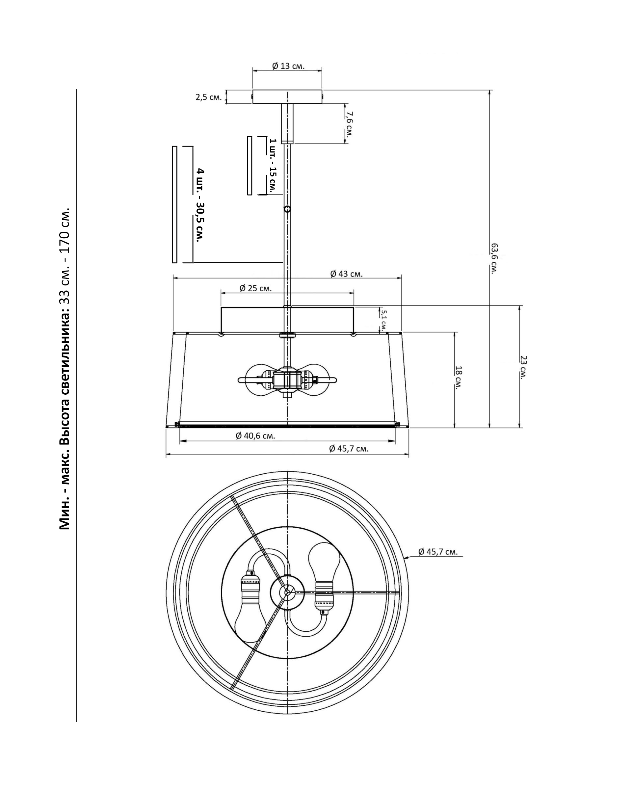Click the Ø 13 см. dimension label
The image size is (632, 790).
pos(288,66)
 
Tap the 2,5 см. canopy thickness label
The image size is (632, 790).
pos(208,97)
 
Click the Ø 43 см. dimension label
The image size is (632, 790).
pos(346,274)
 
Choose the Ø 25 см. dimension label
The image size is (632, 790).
pos(255,288)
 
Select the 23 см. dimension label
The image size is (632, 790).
pos(524,366)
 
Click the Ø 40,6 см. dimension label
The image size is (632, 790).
pos(255,436)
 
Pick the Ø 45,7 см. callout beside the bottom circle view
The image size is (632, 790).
pos(438,551)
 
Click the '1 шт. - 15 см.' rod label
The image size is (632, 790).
pos(273,166)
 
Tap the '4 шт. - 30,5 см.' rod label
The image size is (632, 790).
pos(200,205)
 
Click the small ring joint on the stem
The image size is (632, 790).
pos(287,209)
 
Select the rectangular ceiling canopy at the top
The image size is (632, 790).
pos(287,97)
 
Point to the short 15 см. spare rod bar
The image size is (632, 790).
pos(250,166)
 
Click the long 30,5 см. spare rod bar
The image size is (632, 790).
pos(174,204)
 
